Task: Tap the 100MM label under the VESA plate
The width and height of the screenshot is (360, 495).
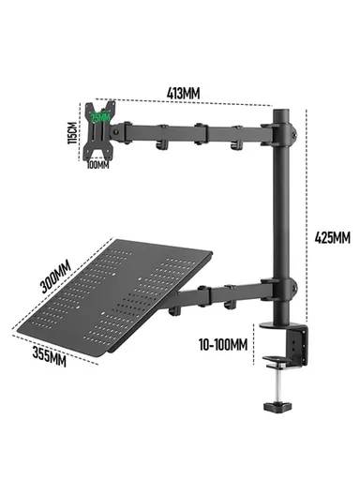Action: click(x=98, y=165)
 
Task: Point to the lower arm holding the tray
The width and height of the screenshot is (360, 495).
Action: click(x=225, y=298)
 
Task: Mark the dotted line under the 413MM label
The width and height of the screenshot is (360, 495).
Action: click(x=198, y=103)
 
